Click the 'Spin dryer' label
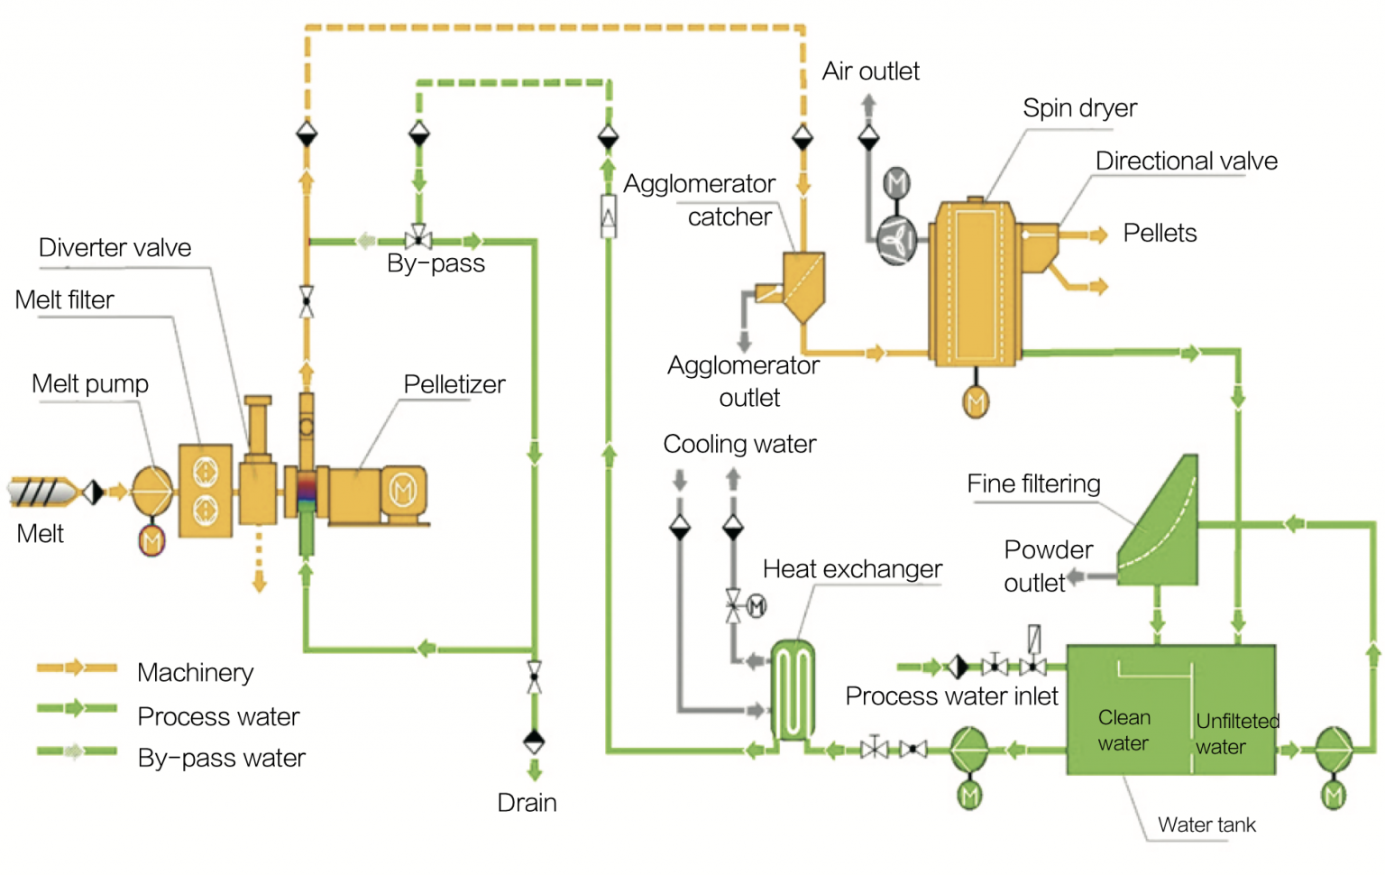(1078, 108)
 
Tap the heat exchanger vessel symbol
(793, 690)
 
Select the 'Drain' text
(527, 802)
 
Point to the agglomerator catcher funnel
(802, 284)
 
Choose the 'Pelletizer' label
(454, 384)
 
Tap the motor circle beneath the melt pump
(151, 541)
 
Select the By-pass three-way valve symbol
(417, 240)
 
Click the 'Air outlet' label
(870, 71)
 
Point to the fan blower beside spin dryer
(896, 241)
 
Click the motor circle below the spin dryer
(976, 401)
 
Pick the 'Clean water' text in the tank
(1124, 730)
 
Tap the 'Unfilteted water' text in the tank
(1236, 733)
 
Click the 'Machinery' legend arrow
(76, 668)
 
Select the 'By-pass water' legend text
(221, 758)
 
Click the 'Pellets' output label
(1160, 233)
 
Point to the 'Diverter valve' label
(115, 248)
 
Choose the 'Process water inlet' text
(951, 696)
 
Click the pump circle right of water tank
(1333, 749)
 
